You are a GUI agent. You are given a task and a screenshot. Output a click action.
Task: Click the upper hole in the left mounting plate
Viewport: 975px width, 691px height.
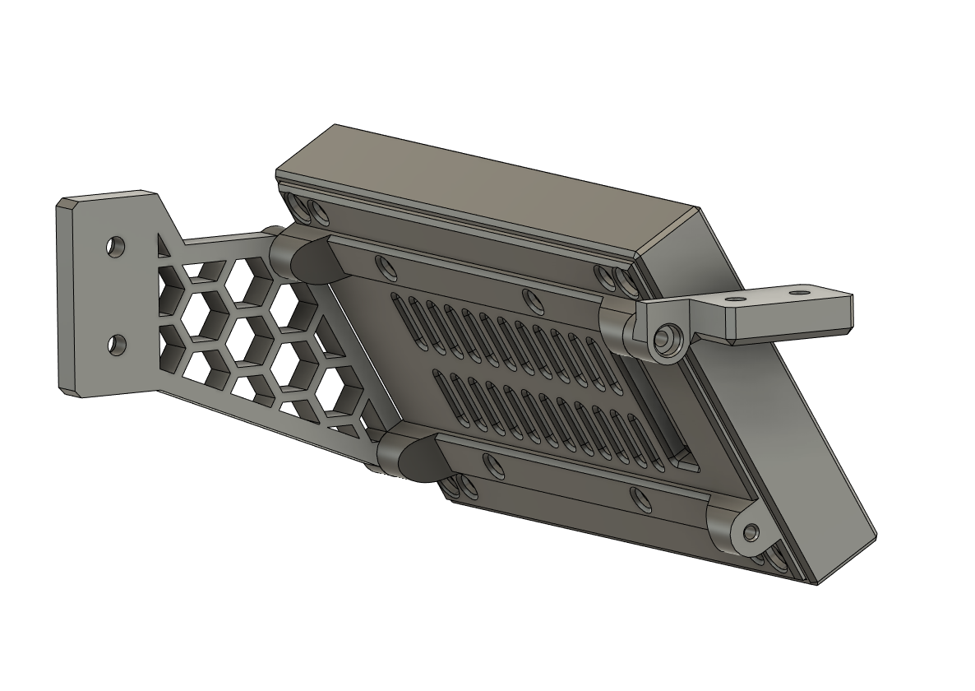tap(116, 245)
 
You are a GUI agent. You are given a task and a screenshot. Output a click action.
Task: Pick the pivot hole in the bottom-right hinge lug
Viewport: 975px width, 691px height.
tap(750, 533)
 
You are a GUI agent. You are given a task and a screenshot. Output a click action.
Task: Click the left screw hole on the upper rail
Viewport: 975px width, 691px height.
tap(383, 266)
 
